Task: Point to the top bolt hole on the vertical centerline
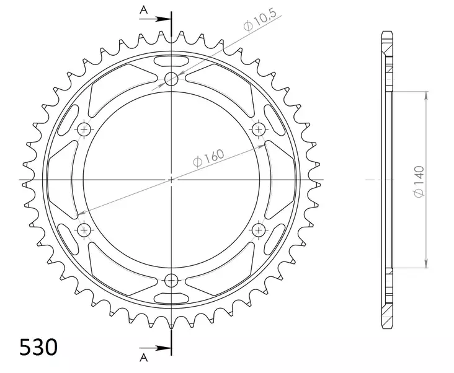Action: (x=172, y=78)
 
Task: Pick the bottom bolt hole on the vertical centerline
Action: (x=172, y=279)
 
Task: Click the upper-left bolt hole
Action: (x=84, y=129)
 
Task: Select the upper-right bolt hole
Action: (x=259, y=129)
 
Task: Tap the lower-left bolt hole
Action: (x=84, y=229)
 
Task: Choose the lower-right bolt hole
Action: (x=259, y=229)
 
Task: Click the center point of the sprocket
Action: (x=172, y=180)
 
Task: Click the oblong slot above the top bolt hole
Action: (x=172, y=61)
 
